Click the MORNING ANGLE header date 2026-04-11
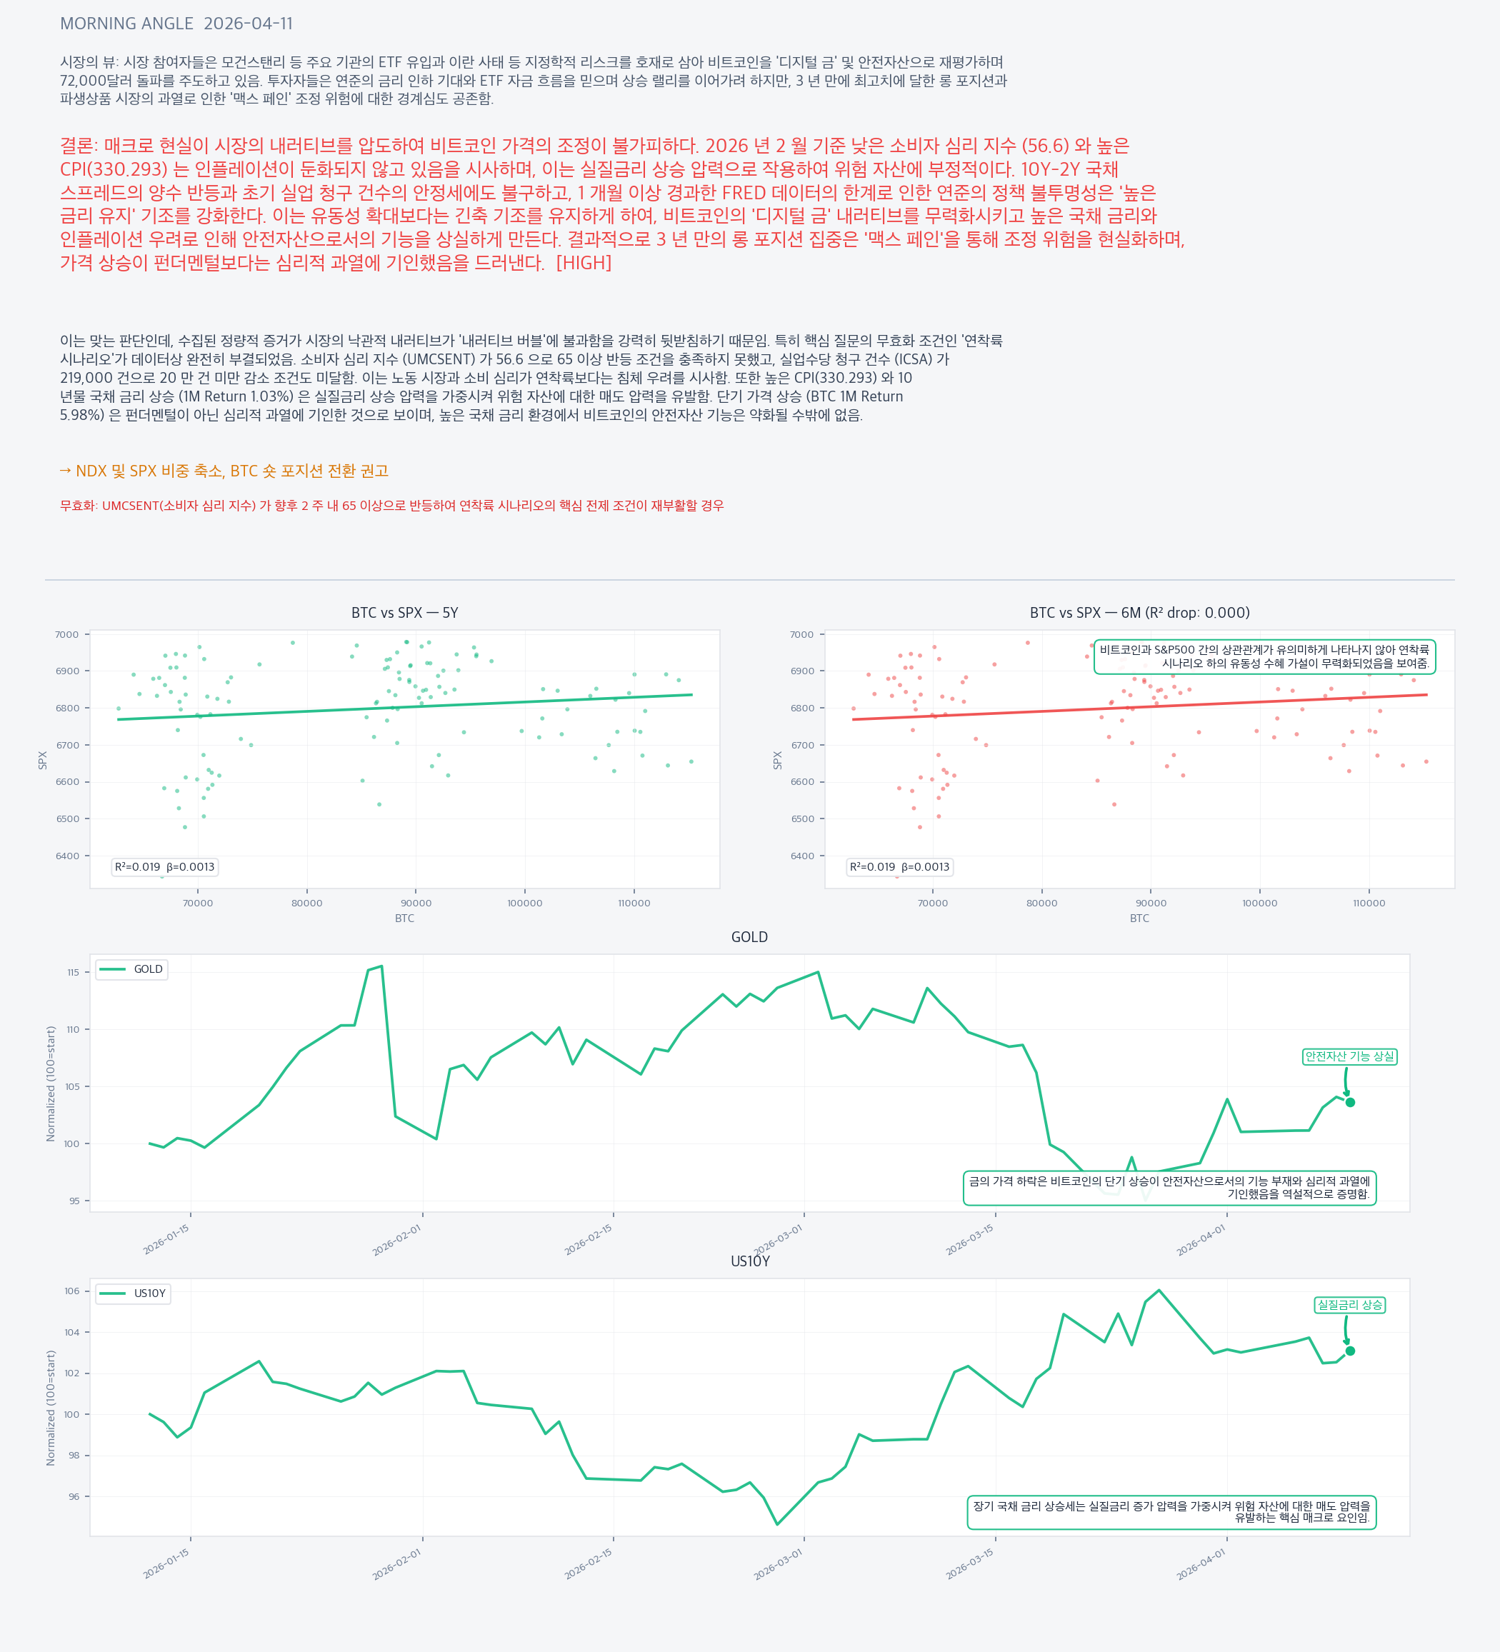point(248,24)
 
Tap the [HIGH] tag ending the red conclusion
point(584,263)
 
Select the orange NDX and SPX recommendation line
point(224,471)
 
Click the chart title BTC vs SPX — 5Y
point(404,613)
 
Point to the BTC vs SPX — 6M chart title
point(1139,613)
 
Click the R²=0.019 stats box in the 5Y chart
point(165,867)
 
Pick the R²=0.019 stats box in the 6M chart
point(899,867)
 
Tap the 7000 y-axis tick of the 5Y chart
point(67,634)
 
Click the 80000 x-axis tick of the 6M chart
point(1042,903)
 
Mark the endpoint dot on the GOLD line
point(1350,1102)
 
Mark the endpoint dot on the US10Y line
point(1350,1351)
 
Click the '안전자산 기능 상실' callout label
point(1349,1056)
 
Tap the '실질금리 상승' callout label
point(1349,1305)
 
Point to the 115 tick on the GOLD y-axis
point(74,973)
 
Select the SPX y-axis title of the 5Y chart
point(43,760)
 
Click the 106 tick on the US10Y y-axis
point(72,1291)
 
